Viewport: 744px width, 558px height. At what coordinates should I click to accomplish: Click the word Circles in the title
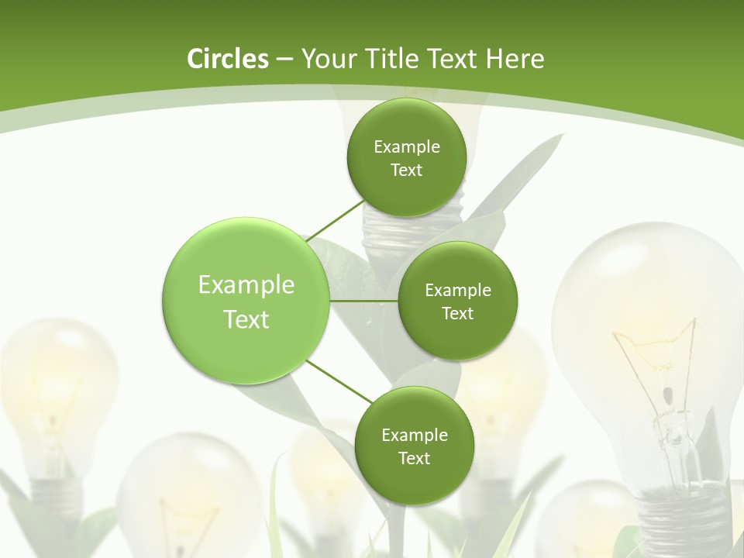click(227, 59)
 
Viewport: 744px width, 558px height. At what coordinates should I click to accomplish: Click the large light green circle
click(246, 341)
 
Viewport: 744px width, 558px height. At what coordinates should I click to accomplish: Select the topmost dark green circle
click(406, 186)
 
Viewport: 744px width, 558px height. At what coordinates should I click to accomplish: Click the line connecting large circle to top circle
click(335, 222)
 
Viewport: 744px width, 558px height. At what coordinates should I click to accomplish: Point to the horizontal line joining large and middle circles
click(363, 301)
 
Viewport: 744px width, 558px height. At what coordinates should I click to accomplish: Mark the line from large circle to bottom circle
click(339, 381)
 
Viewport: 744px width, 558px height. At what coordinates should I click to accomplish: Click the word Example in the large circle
click(246, 285)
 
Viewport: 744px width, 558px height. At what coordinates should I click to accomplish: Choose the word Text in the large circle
click(246, 319)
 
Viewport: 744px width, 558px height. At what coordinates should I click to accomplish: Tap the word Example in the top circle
click(406, 147)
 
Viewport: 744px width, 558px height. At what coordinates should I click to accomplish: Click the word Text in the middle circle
click(457, 313)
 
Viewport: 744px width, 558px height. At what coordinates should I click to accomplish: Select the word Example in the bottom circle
click(414, 436)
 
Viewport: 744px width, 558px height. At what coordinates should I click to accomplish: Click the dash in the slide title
click(284, 60)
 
